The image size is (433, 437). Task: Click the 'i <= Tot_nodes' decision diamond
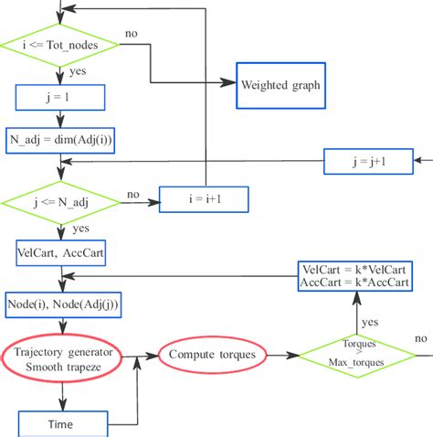(60, 43)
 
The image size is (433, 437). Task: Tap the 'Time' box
(60, 423)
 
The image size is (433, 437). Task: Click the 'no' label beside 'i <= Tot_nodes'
(132, 33)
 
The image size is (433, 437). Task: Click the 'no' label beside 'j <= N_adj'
(133, 194)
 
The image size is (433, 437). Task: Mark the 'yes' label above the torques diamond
(370, 322)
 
